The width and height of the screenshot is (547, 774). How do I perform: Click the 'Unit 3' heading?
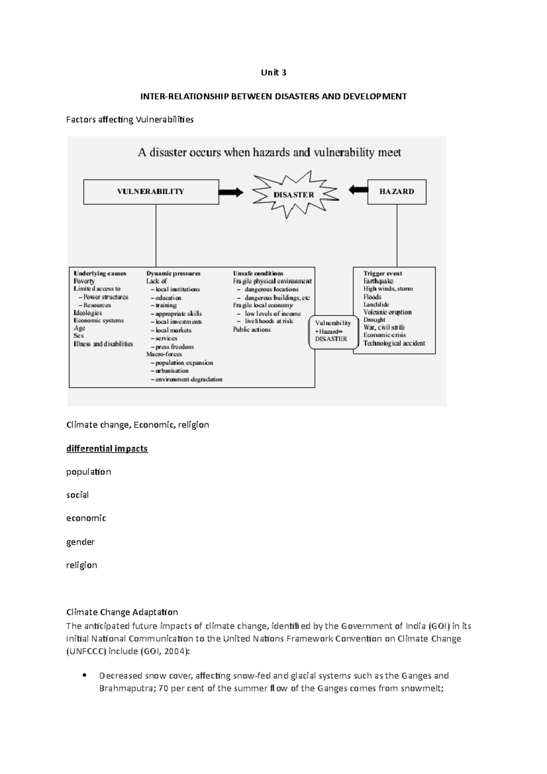pos(273,72)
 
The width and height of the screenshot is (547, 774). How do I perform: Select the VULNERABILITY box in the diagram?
pos(151,191)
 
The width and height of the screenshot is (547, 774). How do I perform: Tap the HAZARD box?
pos(397,191)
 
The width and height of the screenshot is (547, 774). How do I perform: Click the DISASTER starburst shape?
pos(294,195)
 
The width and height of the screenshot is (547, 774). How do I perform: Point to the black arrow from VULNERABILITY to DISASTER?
pos(231,192)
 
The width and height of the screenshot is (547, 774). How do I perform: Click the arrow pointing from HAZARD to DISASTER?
pos(359,190)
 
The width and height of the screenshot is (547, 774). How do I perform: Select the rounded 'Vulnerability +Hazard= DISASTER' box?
pos(333,331)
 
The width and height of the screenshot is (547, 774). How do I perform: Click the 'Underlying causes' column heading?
pos(100,273)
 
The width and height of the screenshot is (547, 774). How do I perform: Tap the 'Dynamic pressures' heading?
pos(173,273)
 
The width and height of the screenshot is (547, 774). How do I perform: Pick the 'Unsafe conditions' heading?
pos(258,273)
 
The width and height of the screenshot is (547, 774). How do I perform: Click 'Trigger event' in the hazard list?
pos(382,273)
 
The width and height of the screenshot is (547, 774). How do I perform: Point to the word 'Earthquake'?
pos(378,281)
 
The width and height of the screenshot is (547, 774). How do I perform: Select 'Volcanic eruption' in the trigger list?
pos(387,312)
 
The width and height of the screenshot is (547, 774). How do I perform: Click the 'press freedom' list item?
pos(174,347)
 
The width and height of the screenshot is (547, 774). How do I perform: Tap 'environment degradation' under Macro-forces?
pos(188,379)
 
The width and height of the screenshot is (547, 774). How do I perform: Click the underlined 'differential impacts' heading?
pos(107,449)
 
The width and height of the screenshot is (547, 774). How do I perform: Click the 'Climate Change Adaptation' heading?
pos(122,612)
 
